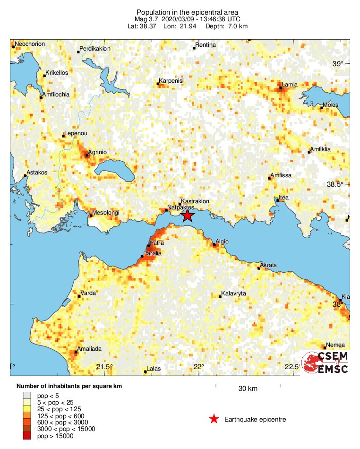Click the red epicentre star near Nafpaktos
pos(188,216)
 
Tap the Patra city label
pos(157,243)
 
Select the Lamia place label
pos(289,85)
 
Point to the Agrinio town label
pos(98,152)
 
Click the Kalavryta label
pos(233,294)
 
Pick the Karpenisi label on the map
pos(171,81)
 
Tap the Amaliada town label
pos(88,348)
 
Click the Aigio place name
pos(222,242)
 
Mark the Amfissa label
pos(282,175)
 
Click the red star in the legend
pos(214,419)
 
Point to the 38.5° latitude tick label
pos(339,184)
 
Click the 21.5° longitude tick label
pos(104,367)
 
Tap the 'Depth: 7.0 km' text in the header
pos(226,26)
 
